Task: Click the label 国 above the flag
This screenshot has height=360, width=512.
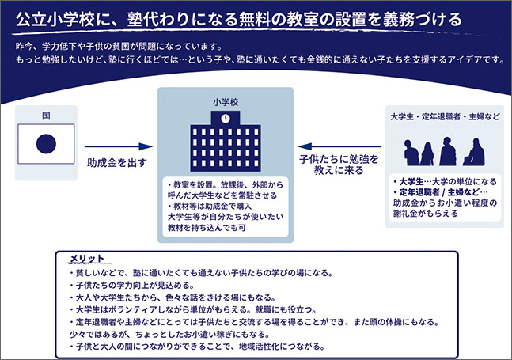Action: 46,116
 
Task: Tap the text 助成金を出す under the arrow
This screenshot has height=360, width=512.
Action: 117,162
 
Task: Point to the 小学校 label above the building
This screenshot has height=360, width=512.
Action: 226,102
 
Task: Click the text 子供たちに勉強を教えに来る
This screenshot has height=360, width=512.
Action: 338,165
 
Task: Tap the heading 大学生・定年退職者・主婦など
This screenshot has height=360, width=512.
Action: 442,117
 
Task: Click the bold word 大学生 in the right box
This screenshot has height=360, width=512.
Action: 410,181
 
